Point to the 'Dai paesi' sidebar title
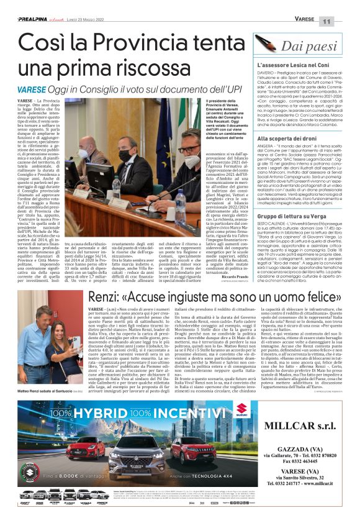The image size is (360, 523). [x=307, y=46]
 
